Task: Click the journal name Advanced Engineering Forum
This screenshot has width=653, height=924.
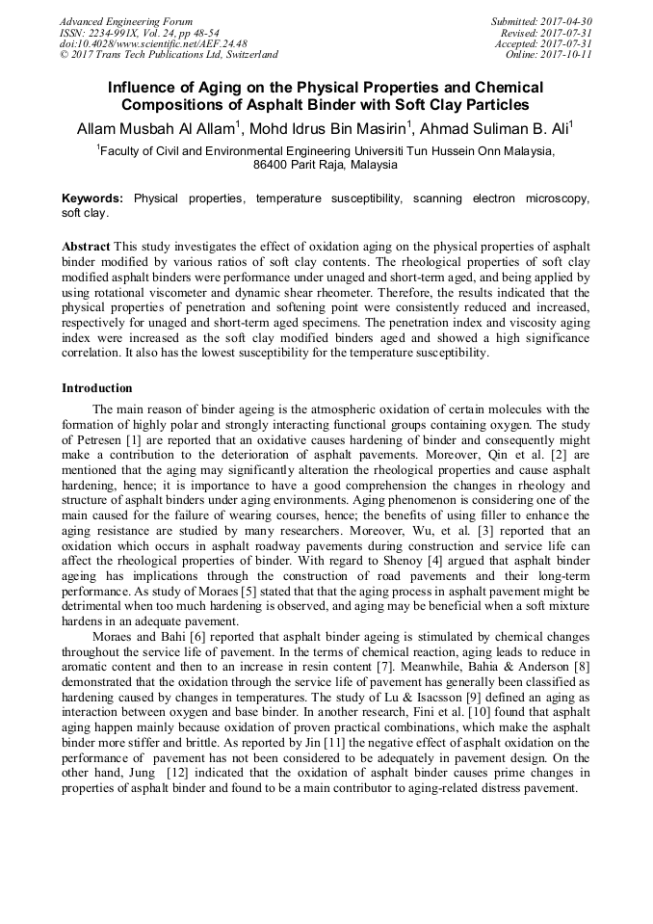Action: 125,21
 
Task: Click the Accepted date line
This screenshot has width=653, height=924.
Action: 543,44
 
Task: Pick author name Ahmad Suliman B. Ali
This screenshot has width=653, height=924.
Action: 501,127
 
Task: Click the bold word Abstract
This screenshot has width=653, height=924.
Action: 86,247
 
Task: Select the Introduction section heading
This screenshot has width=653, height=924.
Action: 97,388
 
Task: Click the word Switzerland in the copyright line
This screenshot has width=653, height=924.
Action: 248,56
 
